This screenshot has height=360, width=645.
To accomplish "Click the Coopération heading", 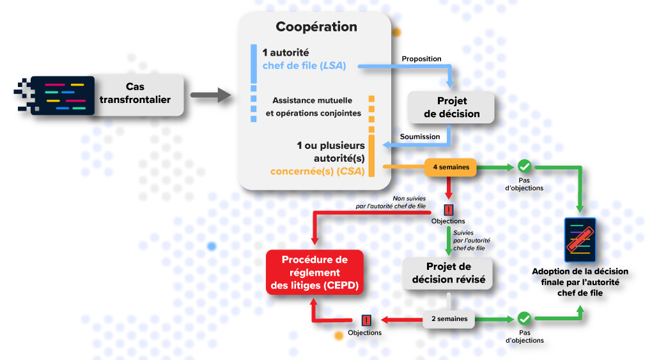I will [x=316, y=27].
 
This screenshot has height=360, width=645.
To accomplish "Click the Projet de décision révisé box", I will [x=448, y=273].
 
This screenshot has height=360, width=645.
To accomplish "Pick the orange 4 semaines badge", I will [x=451, y=168].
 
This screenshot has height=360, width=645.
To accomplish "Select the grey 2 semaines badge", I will [x=449, y=318].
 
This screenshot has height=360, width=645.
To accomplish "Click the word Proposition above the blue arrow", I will [x=421, y=59].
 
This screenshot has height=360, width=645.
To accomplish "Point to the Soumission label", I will [x=420, y=136].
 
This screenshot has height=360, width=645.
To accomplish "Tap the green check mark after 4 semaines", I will [x=524, y=167].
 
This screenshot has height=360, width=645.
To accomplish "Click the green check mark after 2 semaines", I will [x=524, y=318].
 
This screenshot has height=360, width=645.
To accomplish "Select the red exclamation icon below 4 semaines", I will [x=449, y=209].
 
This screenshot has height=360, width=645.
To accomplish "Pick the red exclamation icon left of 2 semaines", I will [x=366, y=320].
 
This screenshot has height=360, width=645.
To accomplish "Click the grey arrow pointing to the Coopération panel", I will [x=210, y=96].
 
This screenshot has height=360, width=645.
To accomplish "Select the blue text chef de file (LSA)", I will [x=304, y=65].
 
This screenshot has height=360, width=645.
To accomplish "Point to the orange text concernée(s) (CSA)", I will [x=318, y=171].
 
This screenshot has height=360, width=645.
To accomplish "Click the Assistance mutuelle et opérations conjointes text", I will [x=313, y=107].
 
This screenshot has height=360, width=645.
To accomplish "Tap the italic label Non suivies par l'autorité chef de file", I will [x=390, y=203].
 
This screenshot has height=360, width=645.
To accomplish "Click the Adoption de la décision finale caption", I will [x=580, y=281].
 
